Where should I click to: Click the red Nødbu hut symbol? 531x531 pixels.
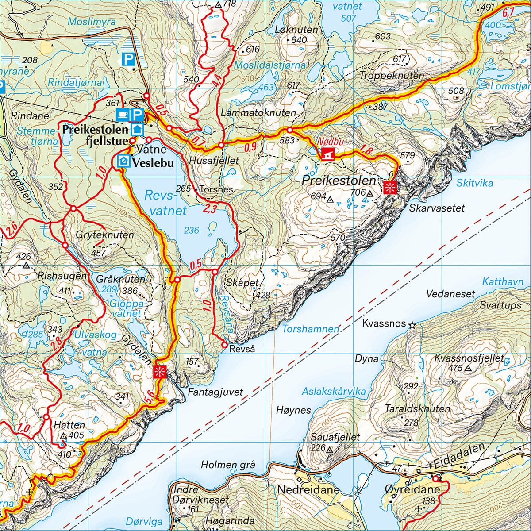point(327,154)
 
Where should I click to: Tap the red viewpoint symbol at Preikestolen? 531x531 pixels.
point(390,187)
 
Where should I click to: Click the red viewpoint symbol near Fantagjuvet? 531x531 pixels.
point(160,371)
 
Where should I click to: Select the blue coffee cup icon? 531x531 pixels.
point(122,115)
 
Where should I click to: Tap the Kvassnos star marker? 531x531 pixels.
point(412,325)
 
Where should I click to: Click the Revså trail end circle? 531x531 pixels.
point(224,345)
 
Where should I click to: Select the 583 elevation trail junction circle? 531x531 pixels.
point(289,130)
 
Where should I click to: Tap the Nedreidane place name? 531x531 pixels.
point(308,490)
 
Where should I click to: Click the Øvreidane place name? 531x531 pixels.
point(412,490)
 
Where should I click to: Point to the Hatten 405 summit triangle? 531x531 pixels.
point(63,436)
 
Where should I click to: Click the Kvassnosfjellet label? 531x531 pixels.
point(469,358)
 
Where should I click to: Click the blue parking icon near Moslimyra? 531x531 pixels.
point(128,58)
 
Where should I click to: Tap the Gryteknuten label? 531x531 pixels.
point(104,235)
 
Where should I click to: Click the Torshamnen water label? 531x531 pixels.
point(311,329)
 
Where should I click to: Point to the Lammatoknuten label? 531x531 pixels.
point(258,112)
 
